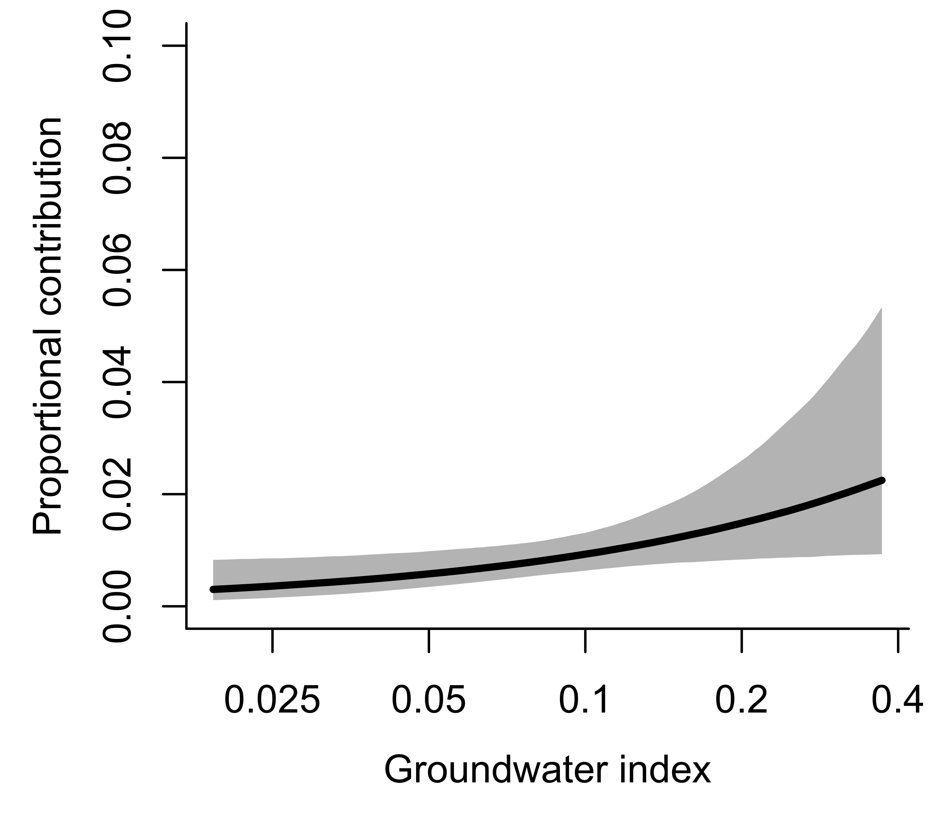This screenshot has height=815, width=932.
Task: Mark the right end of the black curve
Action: click(882, 480)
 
